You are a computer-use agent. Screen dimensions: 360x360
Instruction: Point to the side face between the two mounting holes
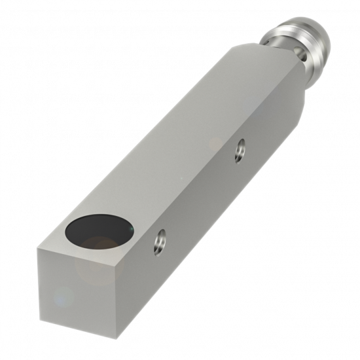click(200, 196)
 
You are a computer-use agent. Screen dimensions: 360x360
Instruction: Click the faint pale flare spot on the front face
click(62, 298)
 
